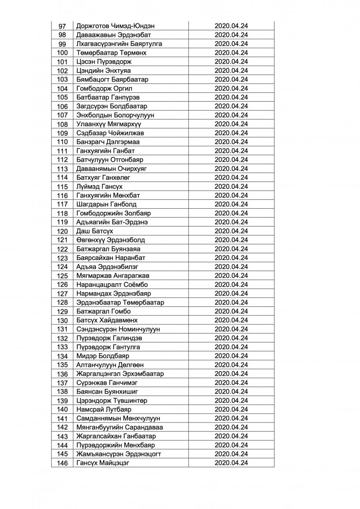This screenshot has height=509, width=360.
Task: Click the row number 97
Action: pyautogui.click(x=62, y=26)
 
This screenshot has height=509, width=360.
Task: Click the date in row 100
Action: pyautogui.click(x=231, y=53)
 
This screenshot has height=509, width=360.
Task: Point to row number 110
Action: pyautogui.click(x=62, y=142)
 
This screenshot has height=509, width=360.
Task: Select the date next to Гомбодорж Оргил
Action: pyautogui.click(x=231, y=88)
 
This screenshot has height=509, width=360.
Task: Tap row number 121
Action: pyautogui.click(x=62, y=240)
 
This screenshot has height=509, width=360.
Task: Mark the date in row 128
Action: pyautogui.click(x=231, y=302)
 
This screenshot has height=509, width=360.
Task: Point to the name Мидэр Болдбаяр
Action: pyautogui.click(x=103, y=355)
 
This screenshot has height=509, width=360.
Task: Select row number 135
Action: pyautogui.click(x=62, y=364)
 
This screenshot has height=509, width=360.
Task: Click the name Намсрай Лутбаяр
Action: pyautogui.click(x=104, y=409)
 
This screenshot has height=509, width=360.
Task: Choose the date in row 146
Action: pyautogui.click(x=231, y=462)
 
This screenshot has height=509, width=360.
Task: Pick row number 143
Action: pyautogui.click(x=62, y=436)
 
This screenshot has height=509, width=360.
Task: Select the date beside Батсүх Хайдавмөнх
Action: pyautogui.click(x=231, y=320)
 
